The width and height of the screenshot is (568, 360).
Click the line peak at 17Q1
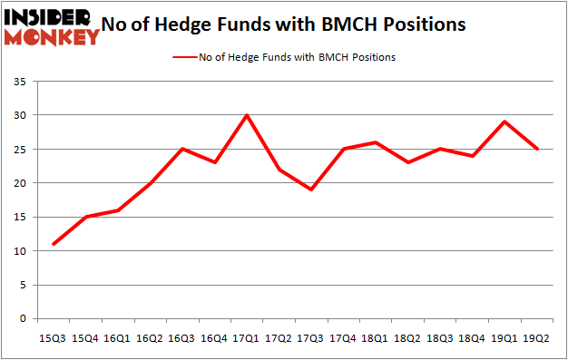247,115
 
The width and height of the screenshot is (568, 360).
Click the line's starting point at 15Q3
54,244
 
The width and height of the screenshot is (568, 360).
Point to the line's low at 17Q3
311,190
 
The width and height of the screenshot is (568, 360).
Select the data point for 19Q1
505,122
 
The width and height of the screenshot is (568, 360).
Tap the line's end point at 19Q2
537,149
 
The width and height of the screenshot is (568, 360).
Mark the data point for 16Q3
182,149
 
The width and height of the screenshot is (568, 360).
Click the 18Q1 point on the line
377,142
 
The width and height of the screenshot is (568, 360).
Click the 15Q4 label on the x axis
85,338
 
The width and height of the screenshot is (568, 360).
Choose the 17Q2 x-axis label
279,338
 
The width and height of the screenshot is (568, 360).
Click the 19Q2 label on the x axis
537,338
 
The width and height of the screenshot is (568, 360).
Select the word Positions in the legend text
371,57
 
